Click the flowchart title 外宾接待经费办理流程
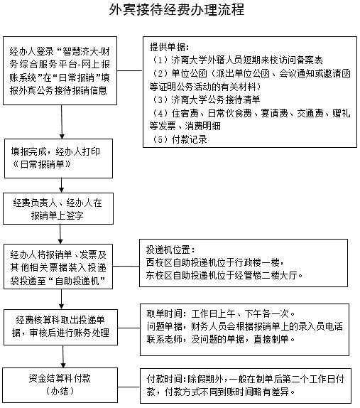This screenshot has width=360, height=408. [x=177, y=10]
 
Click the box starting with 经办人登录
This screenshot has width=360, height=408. [x=60, y=71]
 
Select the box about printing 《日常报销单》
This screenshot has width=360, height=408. [x=58, y=159]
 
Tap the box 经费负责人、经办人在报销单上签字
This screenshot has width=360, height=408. [x=58, y=209]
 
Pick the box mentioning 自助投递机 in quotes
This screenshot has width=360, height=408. [x=58, y=267]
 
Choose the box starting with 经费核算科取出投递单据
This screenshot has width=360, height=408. [x=60, y=328]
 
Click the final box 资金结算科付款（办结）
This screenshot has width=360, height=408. [x=60, y=385]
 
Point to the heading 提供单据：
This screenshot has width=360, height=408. [x=169, y=47]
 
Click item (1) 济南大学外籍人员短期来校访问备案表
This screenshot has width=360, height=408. [x=237, y=60]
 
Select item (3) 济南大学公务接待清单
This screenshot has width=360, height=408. [x=206, y=100]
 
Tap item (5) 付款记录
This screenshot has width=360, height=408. [x=180, y=139]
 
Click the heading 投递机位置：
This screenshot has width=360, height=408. [x=170, y=250]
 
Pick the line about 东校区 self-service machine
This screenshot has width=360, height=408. [x=224, y=275]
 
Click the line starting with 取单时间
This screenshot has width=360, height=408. [x=221, y=313]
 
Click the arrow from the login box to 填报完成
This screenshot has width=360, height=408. [x=62, y=122]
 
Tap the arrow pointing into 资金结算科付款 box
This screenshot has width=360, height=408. [x=63, y=357]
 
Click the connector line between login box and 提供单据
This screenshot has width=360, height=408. [x=130, y=70]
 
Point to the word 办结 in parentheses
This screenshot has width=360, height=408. [x=60, y=392]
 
